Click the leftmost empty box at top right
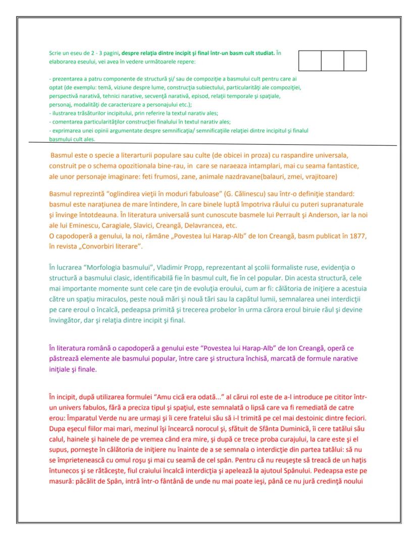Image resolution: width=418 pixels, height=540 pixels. point(310,61)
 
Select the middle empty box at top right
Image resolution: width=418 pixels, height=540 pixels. point(333,61)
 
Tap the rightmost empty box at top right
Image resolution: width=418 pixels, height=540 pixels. point(355,61)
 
